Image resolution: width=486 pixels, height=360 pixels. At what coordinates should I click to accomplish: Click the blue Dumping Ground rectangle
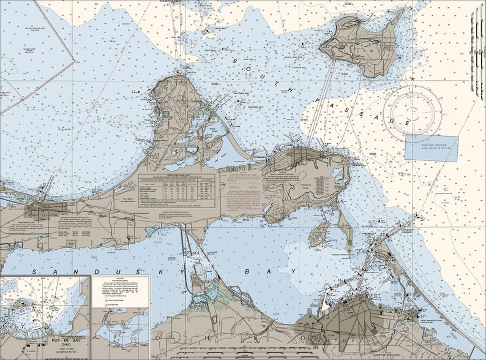pyautogui.click(x=432, y=148)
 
